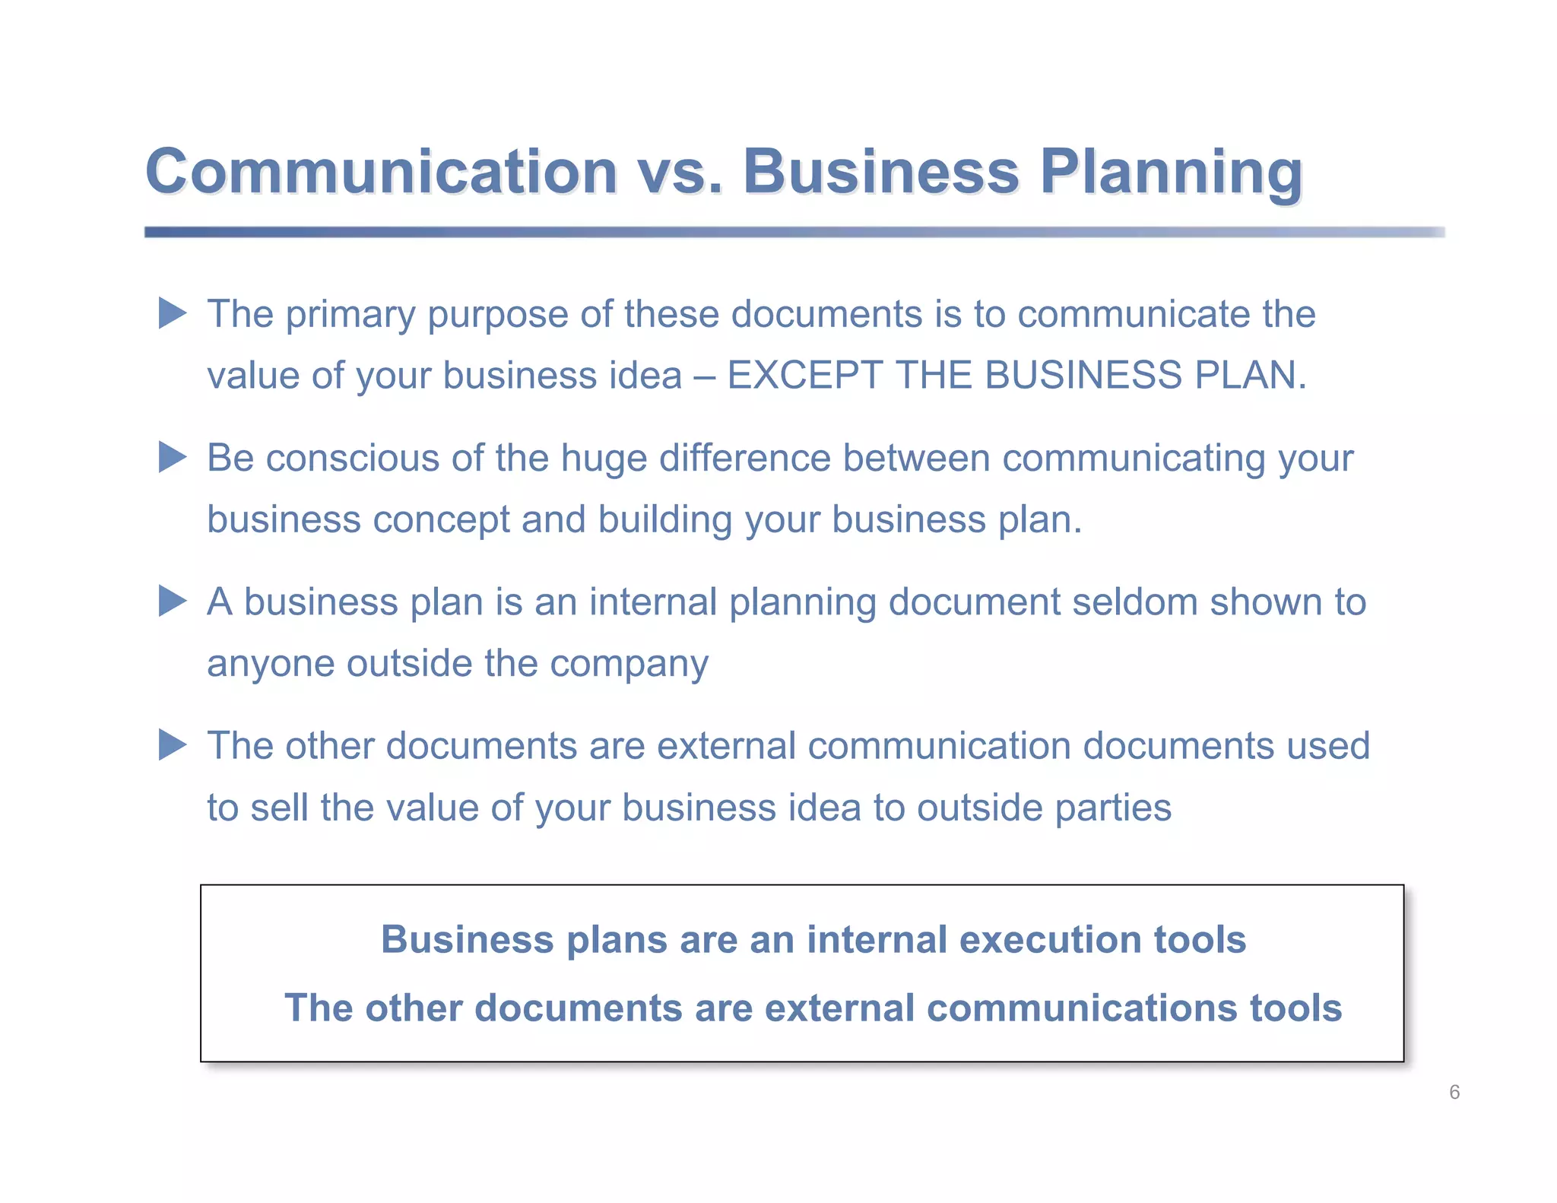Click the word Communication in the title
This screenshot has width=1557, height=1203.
[x=381, y=172]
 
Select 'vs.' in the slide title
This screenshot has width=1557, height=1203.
[x=679, y=173]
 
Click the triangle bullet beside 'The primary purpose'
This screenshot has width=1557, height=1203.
[x=172, y=313]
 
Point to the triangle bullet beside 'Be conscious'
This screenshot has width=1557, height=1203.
[x=172, y=457]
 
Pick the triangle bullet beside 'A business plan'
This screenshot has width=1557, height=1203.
[x=172, y=601]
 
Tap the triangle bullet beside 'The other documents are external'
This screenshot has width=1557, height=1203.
[x=172, y=744]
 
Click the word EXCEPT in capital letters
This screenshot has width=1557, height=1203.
[x=804, y=375]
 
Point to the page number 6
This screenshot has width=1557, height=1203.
[x=1454, y=1093]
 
